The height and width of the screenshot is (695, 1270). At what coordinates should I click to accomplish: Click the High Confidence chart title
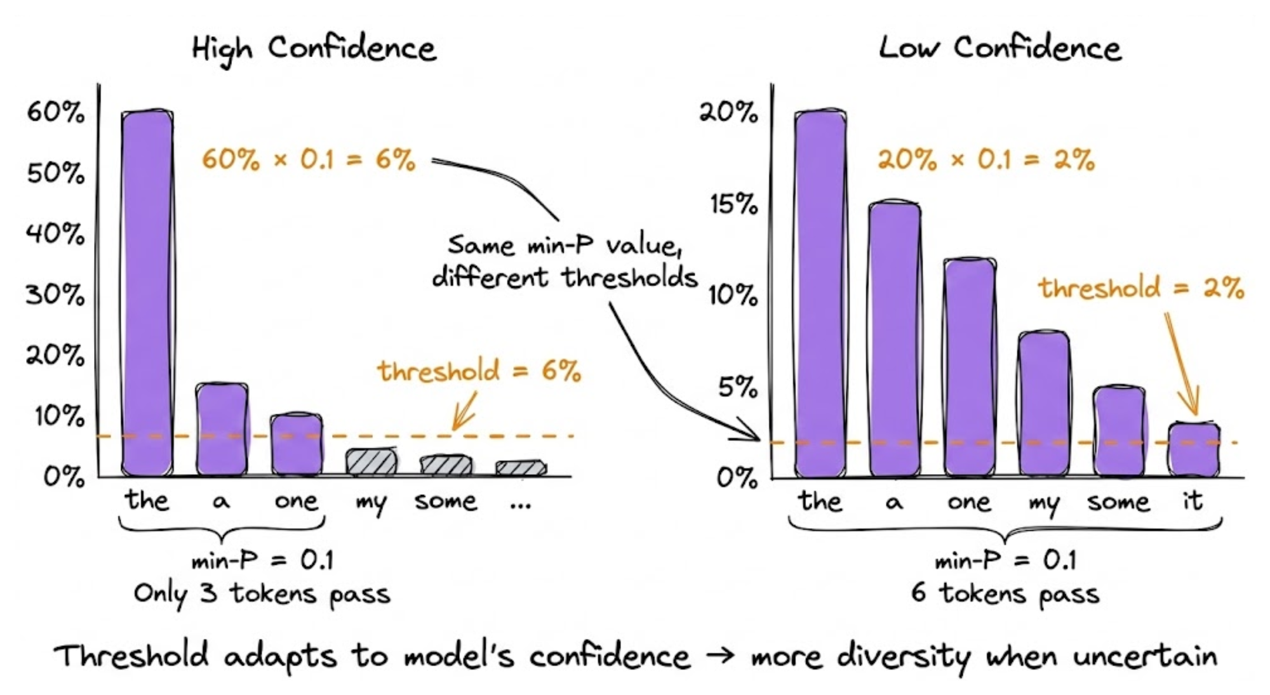click(x=314, y=48)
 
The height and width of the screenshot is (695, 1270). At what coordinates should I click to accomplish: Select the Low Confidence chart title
click(x=1000, y=48)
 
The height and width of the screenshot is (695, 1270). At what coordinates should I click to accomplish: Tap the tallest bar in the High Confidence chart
click(x=147, y=292)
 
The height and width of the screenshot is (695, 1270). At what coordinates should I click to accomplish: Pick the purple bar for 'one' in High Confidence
click(x=297, y=444)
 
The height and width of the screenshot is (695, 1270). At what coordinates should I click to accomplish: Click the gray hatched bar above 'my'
click(x=371, y=462)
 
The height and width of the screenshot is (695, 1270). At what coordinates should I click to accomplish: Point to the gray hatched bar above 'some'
click(x=446, y=465)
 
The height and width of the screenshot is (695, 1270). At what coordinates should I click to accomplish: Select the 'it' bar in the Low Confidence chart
click(x=1194, y=449)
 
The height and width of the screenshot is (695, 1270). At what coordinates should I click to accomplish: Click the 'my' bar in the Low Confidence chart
click(x=1044, y=403)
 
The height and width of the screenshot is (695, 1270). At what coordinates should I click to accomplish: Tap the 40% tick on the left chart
click(x=55, y=234)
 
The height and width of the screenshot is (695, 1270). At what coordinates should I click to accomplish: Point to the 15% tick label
click(x=734, y=204)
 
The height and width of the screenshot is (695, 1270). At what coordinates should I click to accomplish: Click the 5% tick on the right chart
click(x=738, y=387)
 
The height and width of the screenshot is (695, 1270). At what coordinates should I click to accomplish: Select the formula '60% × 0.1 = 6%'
click(x=309, y=159)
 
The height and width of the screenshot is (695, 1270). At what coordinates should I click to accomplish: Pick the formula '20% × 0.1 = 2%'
click(x=986, y=159)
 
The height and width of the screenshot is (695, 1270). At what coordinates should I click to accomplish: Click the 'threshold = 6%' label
click(x=479, y=371)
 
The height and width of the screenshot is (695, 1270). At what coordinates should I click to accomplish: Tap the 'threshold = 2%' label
click(x=1141, y=288)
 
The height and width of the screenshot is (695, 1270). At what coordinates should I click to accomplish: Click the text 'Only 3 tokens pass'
click(x=262, y=594)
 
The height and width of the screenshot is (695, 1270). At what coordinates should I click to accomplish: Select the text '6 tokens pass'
click(x=1005, y=594)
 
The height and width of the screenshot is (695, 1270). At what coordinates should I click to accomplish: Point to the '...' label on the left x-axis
click(x=520, y=503)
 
